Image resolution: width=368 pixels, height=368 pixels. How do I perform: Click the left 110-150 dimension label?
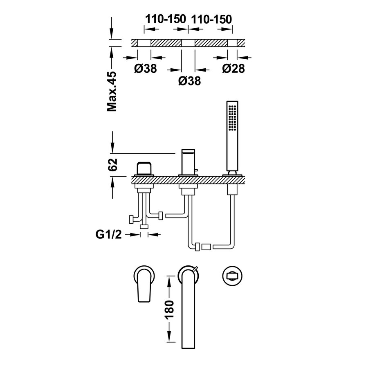coord(165,19)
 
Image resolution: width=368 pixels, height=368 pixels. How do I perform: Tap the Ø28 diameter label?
coord(233,68)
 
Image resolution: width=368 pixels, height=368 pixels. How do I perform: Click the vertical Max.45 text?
coord(112,92)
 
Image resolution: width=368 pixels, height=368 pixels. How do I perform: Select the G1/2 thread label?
coord(109,235)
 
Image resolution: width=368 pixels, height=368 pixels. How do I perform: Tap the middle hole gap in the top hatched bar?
coord(188,43)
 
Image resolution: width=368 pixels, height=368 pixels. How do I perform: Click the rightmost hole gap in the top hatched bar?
coord(232,43)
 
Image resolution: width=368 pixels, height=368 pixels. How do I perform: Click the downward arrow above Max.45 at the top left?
coord(112,29)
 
